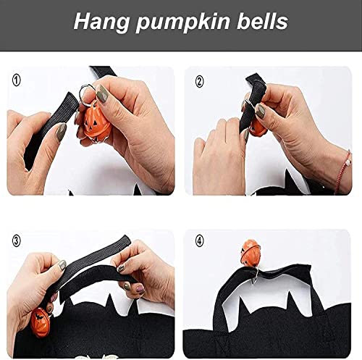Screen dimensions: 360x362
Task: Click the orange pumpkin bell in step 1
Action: coord(98,125)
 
